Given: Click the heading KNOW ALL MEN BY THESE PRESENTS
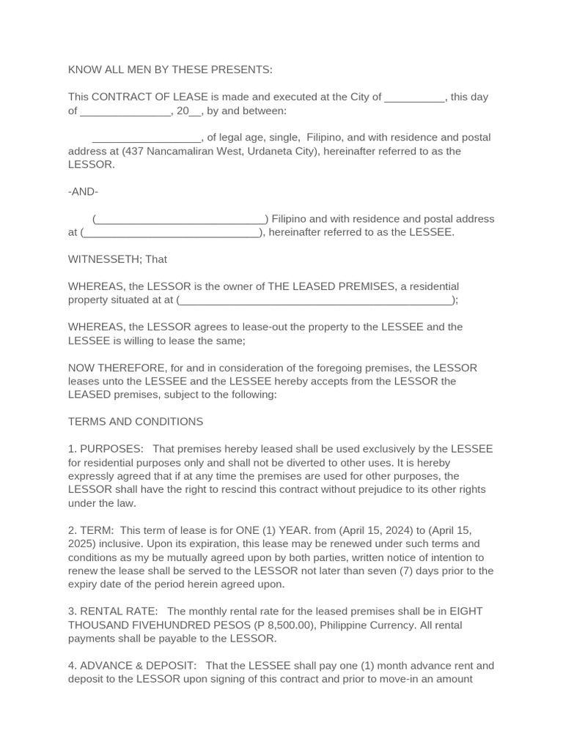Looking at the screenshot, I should [170, 70].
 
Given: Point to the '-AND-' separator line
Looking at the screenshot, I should [83, 192].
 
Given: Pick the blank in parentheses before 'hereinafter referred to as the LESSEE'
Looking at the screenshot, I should [171, 233].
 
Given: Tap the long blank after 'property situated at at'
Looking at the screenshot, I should [317, 300].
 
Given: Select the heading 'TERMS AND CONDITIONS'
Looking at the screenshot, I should [136, 422].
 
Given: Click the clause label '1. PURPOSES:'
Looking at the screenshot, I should [106, 449].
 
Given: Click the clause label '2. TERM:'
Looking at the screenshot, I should [91, 530].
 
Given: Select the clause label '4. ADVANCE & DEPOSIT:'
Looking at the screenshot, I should [133, 666].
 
